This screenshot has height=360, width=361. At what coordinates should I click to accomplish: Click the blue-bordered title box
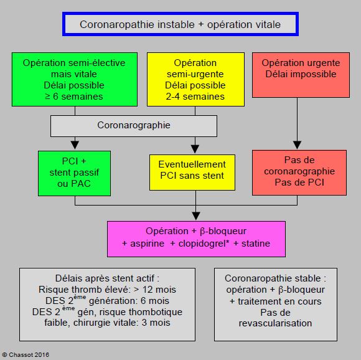pyautogui.click(x=180, y=24)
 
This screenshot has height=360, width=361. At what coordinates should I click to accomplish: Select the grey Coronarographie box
pyautogui.click(x=134, y=126)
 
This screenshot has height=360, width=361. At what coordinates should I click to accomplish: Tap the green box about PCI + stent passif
pyautogui.click(x=74, y=173)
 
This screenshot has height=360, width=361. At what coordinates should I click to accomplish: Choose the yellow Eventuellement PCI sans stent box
pyautogui.click(x=192, y=173)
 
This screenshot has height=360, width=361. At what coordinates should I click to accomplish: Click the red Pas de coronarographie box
pyautogui.click(x=299, y=173)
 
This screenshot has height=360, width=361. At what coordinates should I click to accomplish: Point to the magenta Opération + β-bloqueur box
pyautogui.click(x=197, y=239)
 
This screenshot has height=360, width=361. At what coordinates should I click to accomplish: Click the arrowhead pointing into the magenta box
pyautogui.click(x=196, y=216)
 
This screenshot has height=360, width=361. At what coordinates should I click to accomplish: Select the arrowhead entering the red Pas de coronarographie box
pyautogui.click(x=297, y=145)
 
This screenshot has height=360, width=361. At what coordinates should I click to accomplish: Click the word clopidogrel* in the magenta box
pyautogui.click(x=204, y=244)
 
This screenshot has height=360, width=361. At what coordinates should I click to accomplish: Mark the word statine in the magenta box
pyautogui.click(x=256, y=244)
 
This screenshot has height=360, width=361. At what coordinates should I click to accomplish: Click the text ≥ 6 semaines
pyautogui.click(x=74, y=97)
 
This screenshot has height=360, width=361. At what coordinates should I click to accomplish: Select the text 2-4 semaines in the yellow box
pyautogui.click(x=195, y=97)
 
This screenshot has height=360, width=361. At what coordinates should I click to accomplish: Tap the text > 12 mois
pyautogui.click(x=155, y=290)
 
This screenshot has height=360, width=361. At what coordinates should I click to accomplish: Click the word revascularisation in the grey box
pyautogui.click(x=275, y=323)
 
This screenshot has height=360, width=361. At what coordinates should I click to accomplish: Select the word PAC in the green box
pyautogui.click(x=81, y=184)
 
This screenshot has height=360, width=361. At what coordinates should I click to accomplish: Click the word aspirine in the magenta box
pyautogui.click(x=148, y=244)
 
